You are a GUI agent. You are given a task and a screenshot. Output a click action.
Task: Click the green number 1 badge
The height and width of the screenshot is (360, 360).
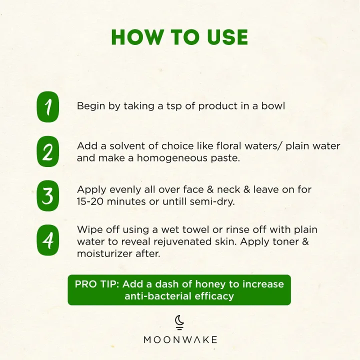click(48, 107)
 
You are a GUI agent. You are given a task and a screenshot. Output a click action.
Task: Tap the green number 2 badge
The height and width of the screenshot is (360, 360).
click(48, 151)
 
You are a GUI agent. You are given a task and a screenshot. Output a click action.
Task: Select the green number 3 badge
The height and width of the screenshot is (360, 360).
click(48, 195)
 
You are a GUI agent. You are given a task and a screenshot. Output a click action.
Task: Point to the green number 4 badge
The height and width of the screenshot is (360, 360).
click(48, 240)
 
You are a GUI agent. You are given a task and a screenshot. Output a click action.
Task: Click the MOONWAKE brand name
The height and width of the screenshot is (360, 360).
click(180, 340)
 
